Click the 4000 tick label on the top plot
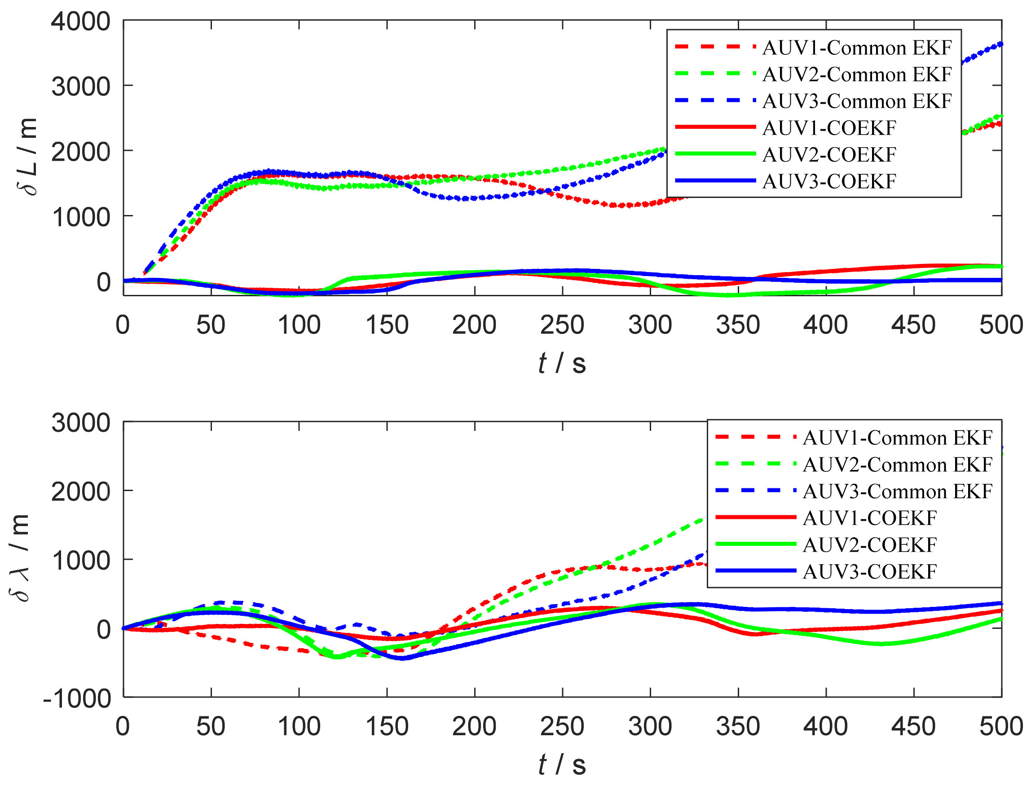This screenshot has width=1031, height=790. click(x=80, y=22)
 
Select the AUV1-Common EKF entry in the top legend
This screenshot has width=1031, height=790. click(x=857, y=48)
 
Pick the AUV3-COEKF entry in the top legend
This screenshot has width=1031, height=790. click(x=829, y=181)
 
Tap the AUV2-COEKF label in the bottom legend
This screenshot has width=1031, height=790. click(x=870, y=545)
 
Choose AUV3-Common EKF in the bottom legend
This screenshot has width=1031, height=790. click(x=898, y=492)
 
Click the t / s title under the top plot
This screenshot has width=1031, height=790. click(x=562, y=363)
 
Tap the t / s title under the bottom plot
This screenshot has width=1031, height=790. click(x=562, y=764)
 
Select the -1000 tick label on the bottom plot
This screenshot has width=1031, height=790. click(x=77, y=699)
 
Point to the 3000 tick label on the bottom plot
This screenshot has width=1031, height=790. click(x=80, y=423)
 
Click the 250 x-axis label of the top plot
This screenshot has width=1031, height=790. click(x=562, y=325)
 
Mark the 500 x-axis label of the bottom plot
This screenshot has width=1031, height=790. click(x=1001, y=727)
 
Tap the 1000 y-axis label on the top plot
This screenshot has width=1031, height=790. click(x=80, y=218)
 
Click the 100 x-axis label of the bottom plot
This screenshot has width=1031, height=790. click(x=299, y=727)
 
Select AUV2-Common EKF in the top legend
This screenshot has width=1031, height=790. click(x=857, y=75)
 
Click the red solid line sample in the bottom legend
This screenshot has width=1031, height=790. click(x=755, y=517)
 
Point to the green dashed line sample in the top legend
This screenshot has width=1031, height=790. click(x=715, y=73)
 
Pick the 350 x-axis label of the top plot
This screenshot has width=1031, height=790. click(x=738, y=325)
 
